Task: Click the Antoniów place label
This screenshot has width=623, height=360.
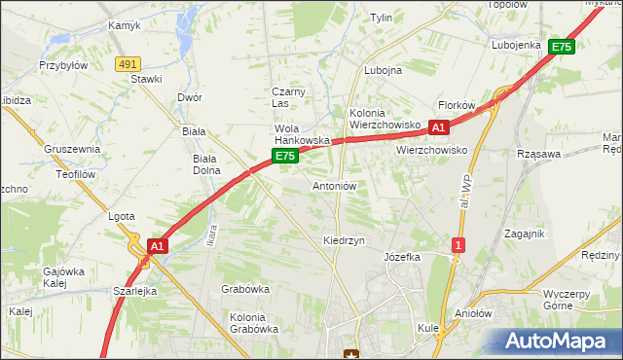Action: (335, 186)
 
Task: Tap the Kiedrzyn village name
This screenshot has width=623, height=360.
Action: (344, 239)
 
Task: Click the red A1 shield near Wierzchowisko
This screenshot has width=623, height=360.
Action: (438, 127)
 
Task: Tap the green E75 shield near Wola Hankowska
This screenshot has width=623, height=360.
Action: (283, 156)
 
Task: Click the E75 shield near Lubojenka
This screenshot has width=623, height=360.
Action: (561, 46)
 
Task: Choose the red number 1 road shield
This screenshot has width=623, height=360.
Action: (457, 246)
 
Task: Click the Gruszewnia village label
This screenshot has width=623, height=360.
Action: (72, 149)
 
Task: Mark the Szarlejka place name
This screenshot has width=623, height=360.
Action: (134, 291)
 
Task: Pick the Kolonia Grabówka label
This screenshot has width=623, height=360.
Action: (254, 322)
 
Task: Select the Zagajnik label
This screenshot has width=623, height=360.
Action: (524, 234)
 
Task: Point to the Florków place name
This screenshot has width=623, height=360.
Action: (456, 105)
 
